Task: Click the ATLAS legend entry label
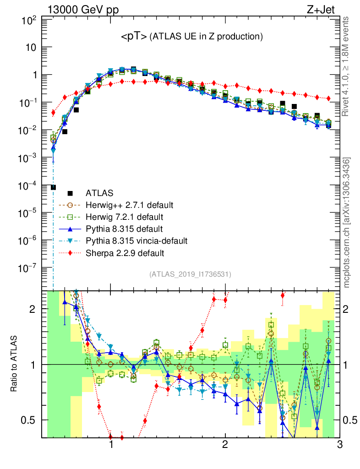point(99,193)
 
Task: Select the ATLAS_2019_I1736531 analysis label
point(190,274)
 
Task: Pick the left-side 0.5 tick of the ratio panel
point(33,420)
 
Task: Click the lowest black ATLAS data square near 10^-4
point(54,187)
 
